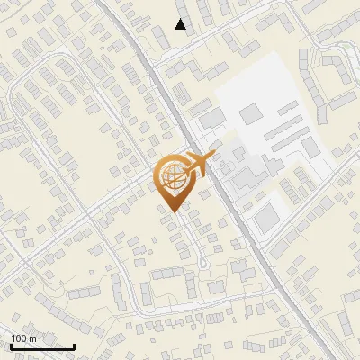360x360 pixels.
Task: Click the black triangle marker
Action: [181, 24]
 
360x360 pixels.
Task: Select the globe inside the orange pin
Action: [171, 176]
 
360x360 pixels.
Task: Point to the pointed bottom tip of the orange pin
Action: [171, 211]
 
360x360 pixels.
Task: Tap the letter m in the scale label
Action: [32, 338]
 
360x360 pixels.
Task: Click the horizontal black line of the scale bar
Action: [42, 346]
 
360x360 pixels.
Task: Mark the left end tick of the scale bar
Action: [11, 345]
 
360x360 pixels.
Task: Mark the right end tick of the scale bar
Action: [74, 345]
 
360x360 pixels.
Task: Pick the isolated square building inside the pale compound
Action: [249, 112]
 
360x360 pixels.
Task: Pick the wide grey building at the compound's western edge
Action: [212, 119]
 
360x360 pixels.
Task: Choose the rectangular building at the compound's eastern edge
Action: [310, 147]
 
